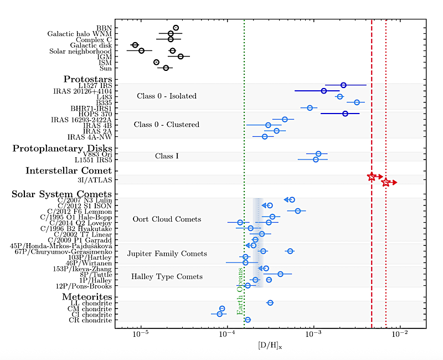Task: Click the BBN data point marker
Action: coord(176,28)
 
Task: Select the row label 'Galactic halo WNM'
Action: coord(79,34)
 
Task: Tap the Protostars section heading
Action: coord(87,79)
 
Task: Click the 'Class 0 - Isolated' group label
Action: coord(167,96)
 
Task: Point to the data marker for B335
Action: coord(357,102)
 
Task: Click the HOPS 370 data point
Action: coord(345,114)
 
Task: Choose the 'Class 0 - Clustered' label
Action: coord(166,125)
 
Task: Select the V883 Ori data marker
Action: coord(318,153)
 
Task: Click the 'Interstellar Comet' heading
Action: coord(69,171)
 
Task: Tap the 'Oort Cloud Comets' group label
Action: coord(167,219)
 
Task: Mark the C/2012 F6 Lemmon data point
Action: coord(297,211)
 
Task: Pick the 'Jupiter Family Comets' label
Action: coord(167,254)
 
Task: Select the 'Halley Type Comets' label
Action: coord(167,276)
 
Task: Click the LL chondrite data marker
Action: coord(270,303)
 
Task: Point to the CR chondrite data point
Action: coord(248,320)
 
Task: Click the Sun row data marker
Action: coord(166,68)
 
